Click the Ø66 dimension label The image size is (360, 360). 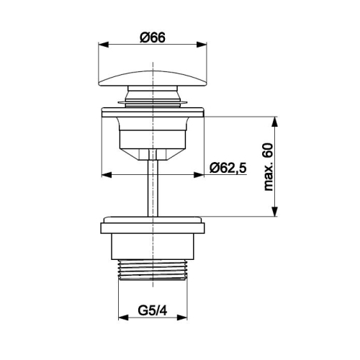(x=153, y=37)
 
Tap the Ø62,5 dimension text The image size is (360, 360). (x=228, y=168)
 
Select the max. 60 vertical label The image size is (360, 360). (x=269, y=167)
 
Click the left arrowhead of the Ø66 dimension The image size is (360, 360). (x=104, y=45)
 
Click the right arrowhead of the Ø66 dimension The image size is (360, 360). (x=202, y=45)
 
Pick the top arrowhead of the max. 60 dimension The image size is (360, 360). (x=275, y=122)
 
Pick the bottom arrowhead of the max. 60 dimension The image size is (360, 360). (x=275, y=211)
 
